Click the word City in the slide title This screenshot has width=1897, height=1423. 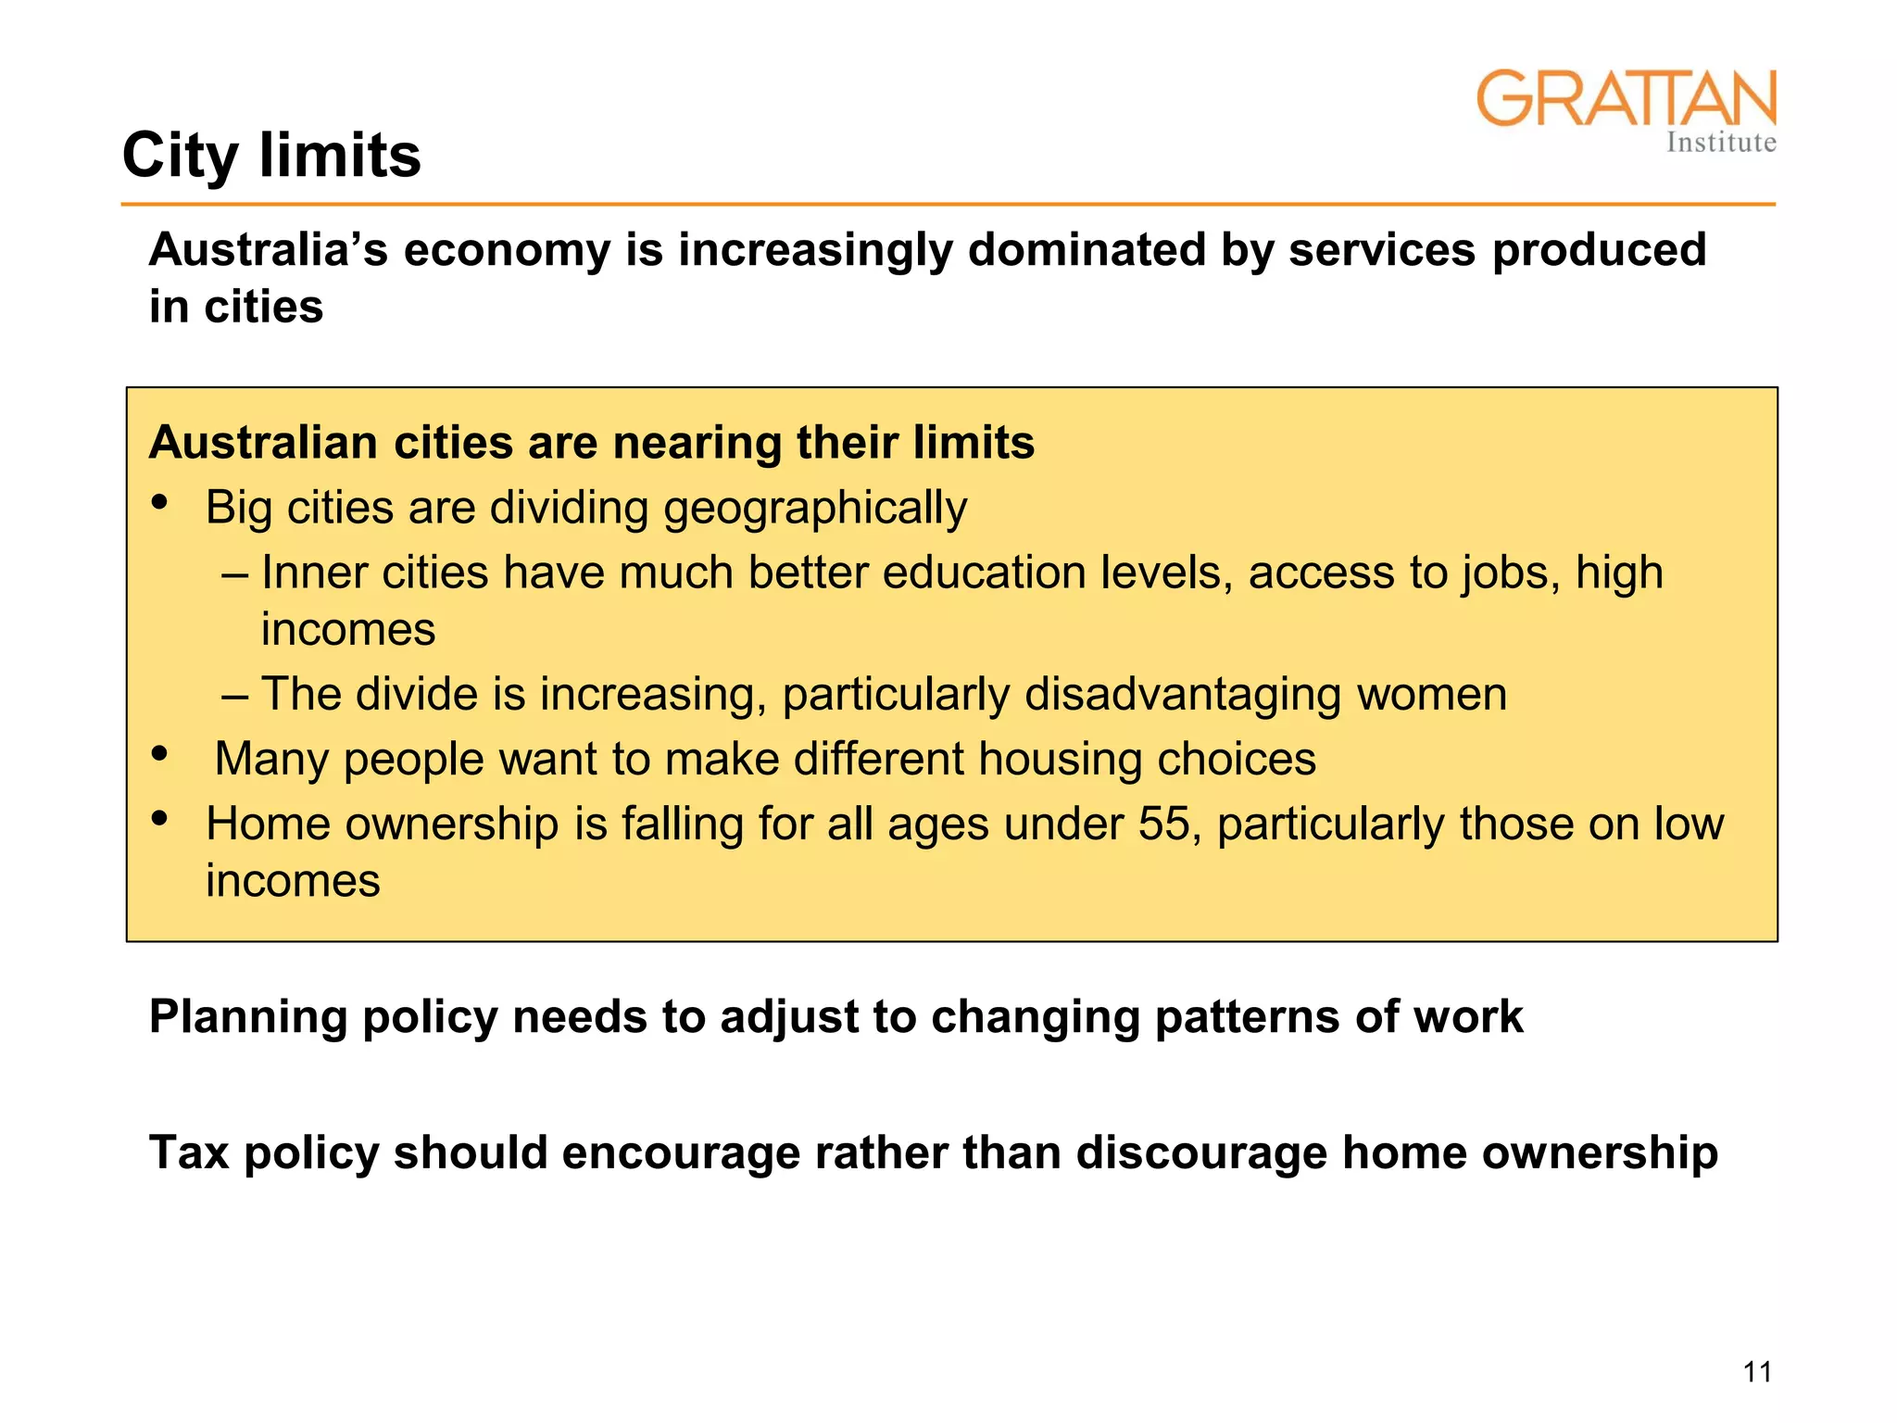pos(181,156)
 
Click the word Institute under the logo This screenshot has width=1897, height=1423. pos(1721,143)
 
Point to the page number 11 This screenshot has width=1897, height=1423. pos(1757,1372)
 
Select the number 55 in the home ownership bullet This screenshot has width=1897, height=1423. pos(1162,824)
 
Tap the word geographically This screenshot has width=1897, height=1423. pos(815,509)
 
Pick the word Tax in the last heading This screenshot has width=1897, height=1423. pos(189,1153)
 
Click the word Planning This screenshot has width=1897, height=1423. pos(247,1017)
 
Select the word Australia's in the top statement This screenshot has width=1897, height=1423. pos(268,249)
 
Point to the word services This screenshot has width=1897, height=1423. pos(1381,249)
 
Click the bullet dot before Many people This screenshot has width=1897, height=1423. pos(160,753)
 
